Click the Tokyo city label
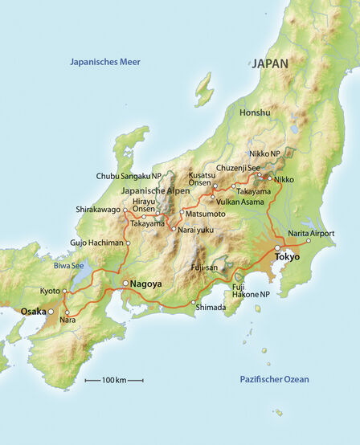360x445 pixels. pos(287,257)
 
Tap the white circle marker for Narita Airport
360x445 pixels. pos(309,240)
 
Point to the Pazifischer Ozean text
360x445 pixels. pos(274,379)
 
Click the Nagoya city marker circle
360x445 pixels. pos(125,284)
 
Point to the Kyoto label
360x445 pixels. pos(49,291)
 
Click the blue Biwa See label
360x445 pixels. pos(68,263)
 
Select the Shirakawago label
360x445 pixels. pos(97,210)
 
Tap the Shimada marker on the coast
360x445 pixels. pos(194,303)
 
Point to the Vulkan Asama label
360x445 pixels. pos(238,202)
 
